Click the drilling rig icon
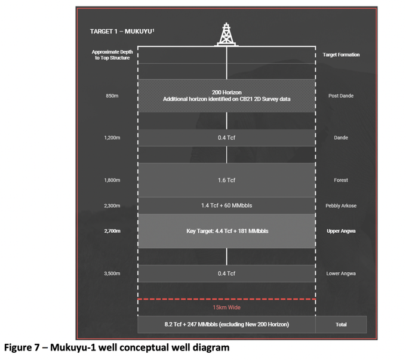226,35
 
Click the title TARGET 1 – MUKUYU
122,31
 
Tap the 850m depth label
112,96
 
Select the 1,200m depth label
112,138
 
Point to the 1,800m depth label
112,180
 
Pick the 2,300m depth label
112,206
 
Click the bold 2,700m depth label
112,231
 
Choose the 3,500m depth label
112,273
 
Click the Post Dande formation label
341,96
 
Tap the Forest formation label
341,180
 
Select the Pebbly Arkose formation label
341,206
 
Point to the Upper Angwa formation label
341,231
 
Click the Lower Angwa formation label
341,273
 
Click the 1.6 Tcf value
226,180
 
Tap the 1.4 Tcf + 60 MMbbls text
226,205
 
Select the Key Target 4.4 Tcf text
227,231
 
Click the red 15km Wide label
226,307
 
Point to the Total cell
341,325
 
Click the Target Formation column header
341,55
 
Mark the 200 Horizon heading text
226,93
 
